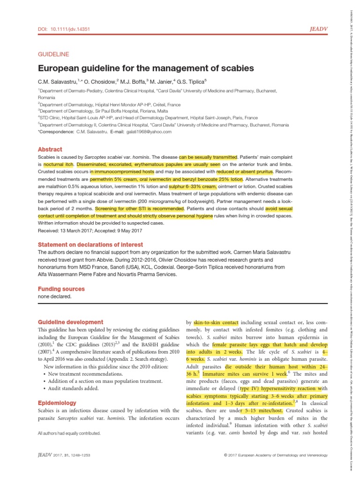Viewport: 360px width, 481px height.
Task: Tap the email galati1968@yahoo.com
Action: pyautogui.click(x=148, y=132)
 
